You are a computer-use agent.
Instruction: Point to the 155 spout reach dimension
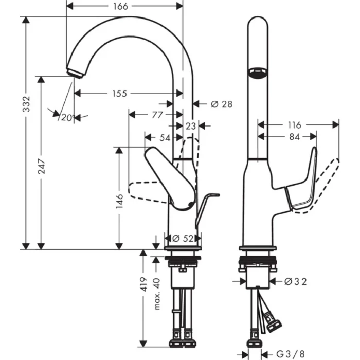(x=119, y=94)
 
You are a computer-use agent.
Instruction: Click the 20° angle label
(x=67, y=117)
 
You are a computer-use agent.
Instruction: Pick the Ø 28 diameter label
(x=222, y=104)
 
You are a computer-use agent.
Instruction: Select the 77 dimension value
(x=157, y=114)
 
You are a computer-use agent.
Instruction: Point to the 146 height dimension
(x=119, y=201)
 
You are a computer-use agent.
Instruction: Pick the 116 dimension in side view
(x=294, y=125)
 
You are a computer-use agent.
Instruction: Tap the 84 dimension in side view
(x=294, y=137)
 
